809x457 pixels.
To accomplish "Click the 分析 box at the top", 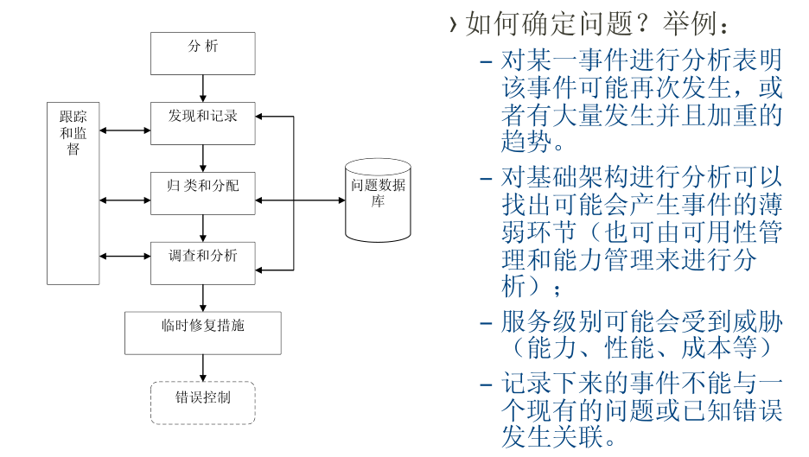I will [203, 53].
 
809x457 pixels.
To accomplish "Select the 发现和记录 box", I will [203, 123].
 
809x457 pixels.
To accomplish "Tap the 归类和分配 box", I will [203, 193].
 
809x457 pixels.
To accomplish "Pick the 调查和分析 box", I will [203, 263].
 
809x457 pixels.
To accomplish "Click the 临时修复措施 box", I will [203, 333].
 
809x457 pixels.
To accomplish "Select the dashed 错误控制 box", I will [203, 403].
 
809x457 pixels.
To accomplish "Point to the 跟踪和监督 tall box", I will [73, 193].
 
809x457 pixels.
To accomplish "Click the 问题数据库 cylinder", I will [378, 200].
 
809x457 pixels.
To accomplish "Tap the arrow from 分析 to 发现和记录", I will [203, 88].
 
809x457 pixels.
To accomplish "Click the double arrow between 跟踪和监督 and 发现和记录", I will [125, 131].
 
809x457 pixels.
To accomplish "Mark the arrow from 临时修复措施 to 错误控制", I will [203, 368].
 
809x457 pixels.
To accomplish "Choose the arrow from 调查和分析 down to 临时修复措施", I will [203, 298].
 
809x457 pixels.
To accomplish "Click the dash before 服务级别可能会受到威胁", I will [487, 324].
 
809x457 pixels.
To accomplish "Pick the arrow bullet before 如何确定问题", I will [453, 24].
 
